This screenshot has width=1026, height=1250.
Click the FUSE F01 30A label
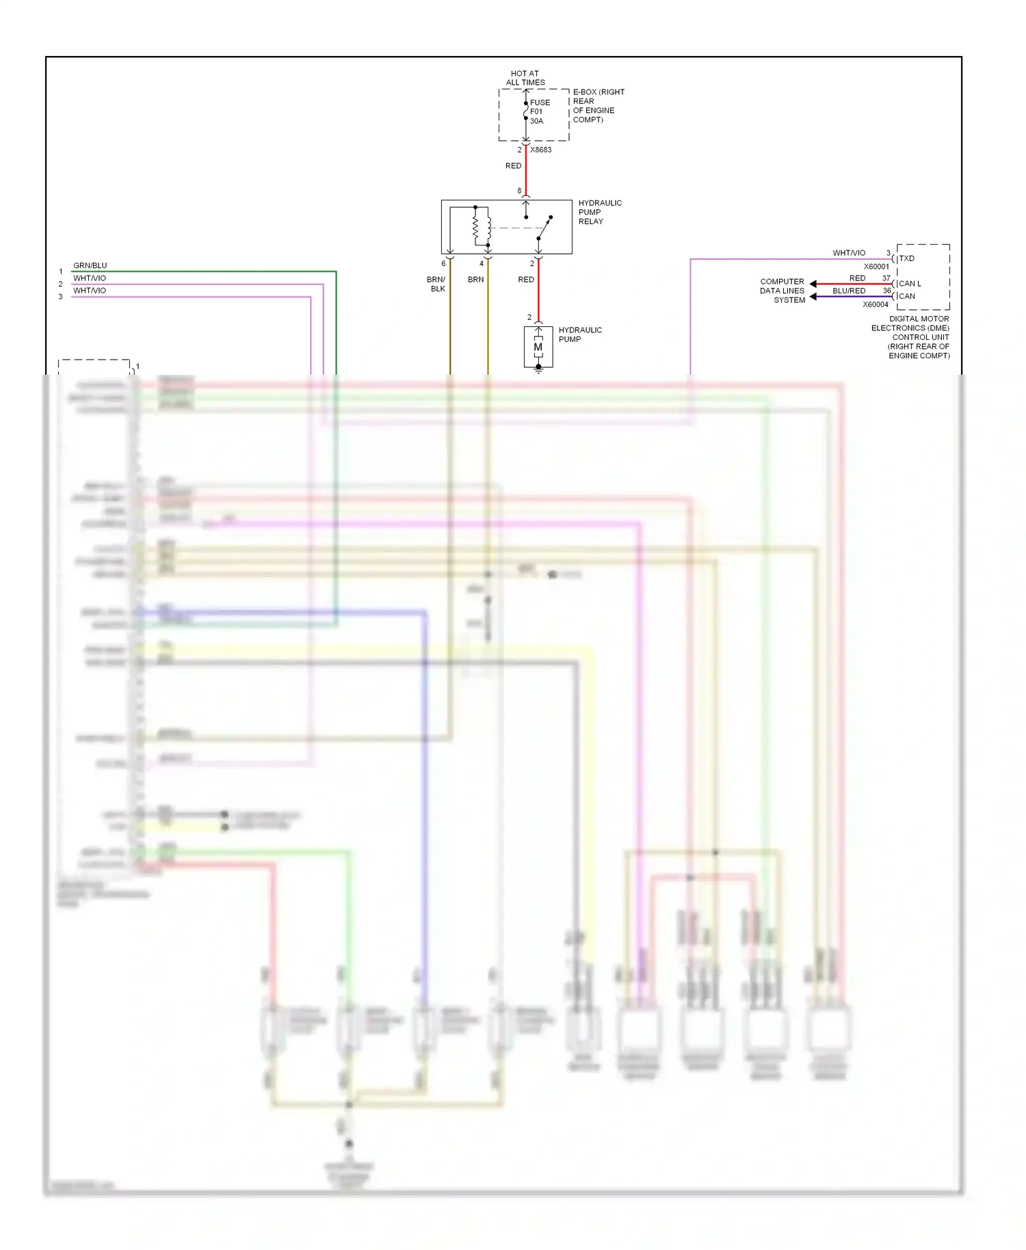(539, 111)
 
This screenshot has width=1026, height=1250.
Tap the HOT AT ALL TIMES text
(525, 78)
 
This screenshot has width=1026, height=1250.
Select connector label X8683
(540, 150)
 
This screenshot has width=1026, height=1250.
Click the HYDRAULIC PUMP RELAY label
(600, 212)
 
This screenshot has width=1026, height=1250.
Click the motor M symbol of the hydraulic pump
(538, 347)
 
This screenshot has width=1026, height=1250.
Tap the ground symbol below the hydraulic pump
(538, 369)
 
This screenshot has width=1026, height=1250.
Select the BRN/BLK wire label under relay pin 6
(436, 284)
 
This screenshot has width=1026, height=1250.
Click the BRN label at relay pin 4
(475, 280)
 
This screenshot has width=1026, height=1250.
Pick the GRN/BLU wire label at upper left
(90, 265)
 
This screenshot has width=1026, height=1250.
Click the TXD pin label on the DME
(906, 258)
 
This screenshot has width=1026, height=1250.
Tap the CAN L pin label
(910, 284)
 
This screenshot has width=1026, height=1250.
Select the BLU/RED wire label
(848, 291)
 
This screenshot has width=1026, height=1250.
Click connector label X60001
(876, 267)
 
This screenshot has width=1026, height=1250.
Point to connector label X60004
(875, 305)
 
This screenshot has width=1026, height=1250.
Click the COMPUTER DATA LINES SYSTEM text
(782, 291)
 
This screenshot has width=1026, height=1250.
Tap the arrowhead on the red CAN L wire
(813, 284)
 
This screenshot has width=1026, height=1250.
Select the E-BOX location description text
(598, 105)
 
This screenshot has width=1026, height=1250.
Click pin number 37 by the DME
(886, 278)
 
